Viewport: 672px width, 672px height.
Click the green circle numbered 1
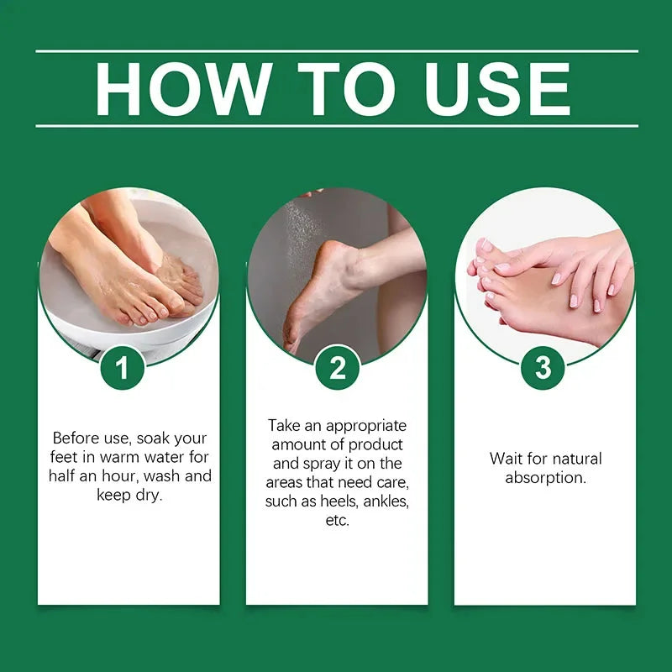(123, 367)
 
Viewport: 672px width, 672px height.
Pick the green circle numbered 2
(337, 367)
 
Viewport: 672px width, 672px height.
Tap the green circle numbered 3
(543, 367)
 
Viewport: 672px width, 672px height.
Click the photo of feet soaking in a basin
(126, 269)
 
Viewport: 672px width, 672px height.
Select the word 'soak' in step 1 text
(163, 438)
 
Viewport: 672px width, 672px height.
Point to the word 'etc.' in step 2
(337, 521)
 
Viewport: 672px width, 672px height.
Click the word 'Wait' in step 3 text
(505, 459)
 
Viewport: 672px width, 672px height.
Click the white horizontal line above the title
(336, 51)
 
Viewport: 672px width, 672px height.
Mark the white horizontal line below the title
(336, 126)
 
